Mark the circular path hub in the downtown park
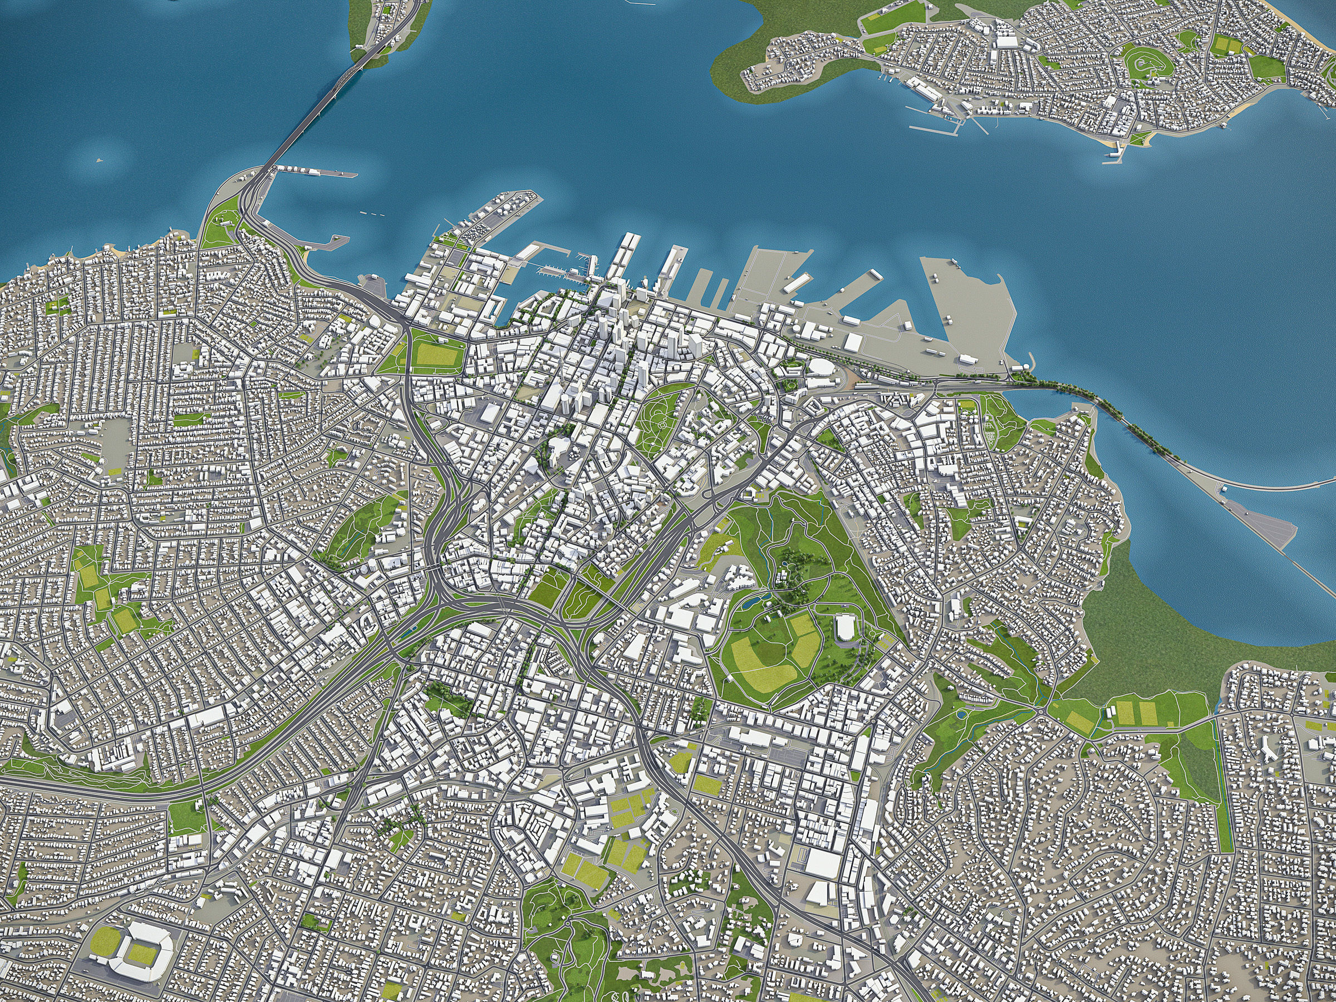[x=662, y=425]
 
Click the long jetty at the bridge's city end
[x=314, y=173]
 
